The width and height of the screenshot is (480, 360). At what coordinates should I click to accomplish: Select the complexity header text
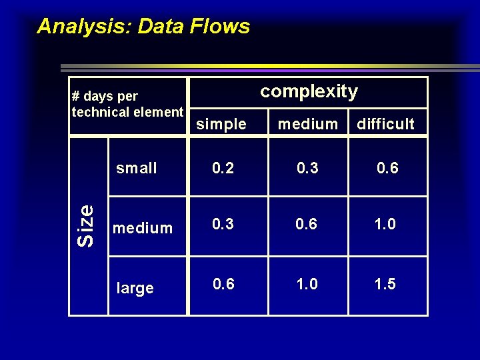309,91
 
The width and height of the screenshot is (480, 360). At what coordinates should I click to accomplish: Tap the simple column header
221,124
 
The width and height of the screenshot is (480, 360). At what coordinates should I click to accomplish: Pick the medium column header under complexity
308,124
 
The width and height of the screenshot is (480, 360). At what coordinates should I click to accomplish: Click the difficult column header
385,124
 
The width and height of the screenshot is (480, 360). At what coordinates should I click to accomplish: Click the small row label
137,168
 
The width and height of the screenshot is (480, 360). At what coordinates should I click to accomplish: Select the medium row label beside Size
143,228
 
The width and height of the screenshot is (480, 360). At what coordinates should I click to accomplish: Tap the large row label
135,288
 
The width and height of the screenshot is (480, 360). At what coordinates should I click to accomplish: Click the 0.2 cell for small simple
223,168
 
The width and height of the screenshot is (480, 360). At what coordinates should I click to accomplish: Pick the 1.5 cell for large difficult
385,285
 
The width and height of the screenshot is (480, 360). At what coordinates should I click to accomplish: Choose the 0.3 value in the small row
307,168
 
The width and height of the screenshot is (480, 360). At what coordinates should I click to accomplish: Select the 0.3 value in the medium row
223,225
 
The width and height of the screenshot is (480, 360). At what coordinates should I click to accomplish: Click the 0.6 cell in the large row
223,285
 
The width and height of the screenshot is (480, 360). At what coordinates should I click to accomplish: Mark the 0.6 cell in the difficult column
387,168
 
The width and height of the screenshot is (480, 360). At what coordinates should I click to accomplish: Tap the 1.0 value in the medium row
385,225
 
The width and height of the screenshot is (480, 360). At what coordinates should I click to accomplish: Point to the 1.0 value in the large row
307,285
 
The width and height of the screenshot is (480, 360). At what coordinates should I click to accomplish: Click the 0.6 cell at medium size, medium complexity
307,225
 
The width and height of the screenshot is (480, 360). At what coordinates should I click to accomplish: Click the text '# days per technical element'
127,105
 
